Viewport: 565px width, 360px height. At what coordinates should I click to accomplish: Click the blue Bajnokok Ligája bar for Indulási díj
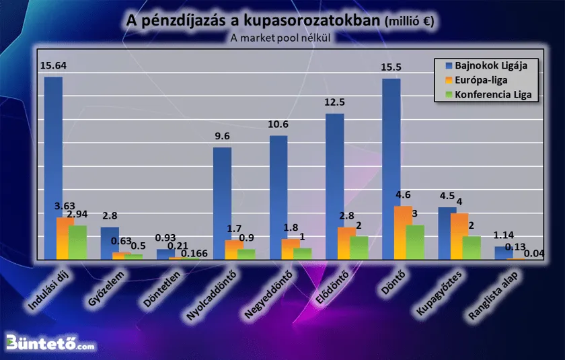click(x=53, y=168)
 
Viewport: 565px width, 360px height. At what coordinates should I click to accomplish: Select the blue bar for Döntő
click(x=391, y=169)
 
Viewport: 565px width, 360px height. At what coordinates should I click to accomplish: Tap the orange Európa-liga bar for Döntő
click(x=403, y=233)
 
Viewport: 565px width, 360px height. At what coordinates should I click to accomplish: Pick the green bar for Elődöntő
click(x=359, y=248)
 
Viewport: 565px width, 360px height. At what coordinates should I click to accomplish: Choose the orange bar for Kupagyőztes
click(x=459, y=236)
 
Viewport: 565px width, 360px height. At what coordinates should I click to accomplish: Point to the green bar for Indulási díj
click(x=77, y=242)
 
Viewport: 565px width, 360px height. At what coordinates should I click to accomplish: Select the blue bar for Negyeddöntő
click(x=278, y=198)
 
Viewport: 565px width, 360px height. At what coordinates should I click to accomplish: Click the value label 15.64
click(x=53, y=66)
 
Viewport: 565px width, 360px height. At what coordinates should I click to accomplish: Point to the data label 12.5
click(x=334, y=103)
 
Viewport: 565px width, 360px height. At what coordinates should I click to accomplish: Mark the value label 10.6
click(x=278, y=124)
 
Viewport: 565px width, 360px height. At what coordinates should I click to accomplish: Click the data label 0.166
click(x=194, y=254)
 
